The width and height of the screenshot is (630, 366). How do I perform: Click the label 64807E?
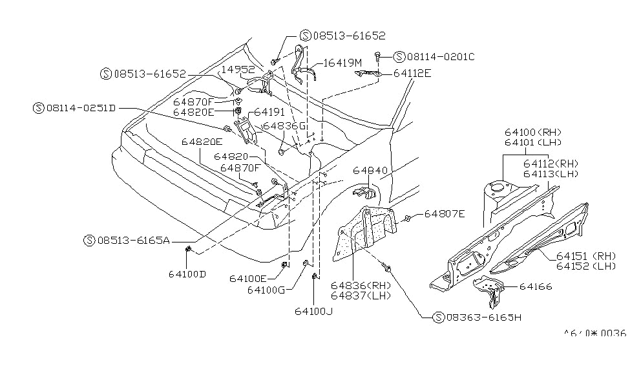click(444, 213)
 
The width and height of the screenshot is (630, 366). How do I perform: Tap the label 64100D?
click(187, 274)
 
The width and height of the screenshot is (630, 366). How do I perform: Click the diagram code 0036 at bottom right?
click(614, 333)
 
